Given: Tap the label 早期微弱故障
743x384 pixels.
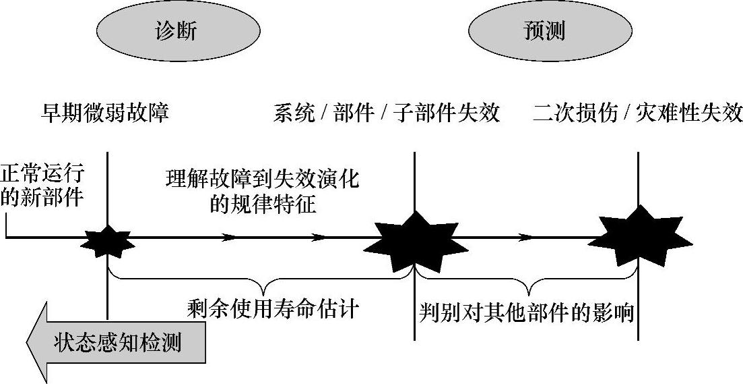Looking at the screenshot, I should pos(104,112).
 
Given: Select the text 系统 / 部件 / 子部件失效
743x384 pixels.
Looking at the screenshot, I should pos(387,112).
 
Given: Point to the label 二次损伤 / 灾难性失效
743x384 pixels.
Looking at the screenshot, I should pos(637,112).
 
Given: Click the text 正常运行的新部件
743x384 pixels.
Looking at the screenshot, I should pos(42,186).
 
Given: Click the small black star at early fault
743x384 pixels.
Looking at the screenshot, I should pos(108,240).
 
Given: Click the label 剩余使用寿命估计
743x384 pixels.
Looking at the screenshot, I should pos(273,309).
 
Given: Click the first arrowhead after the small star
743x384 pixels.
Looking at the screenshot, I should pos(230,238).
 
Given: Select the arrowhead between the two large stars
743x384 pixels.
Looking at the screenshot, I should pos(527,238).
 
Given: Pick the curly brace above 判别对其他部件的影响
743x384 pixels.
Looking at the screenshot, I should pos(526,278).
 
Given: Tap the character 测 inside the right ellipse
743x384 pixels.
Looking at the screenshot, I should pos(556,31).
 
